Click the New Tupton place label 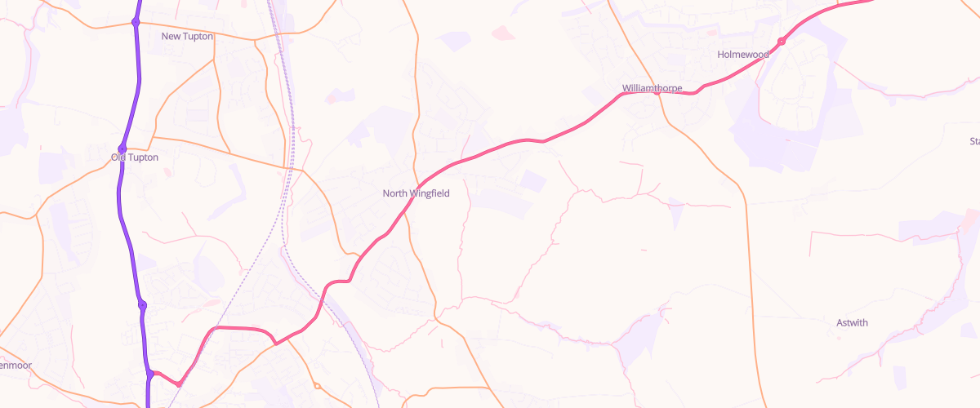coord(187,36)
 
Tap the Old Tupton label coord(135,157)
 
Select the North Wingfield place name coord(416,193)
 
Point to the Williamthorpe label coord(652,87)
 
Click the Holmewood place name coord(743,55)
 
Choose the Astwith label coord(852,323)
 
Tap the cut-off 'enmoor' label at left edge coord(16,365)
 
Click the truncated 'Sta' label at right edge coord(973,141)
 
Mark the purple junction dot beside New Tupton coord(136,22)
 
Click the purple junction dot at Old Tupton coord(122,149)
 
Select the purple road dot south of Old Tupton coord(142,305)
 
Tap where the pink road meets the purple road coord(151,375)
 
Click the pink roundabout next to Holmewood coord(782,42)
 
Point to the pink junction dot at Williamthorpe coord(657,93)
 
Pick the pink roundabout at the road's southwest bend coord(179,383)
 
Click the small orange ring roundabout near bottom coord(317,386)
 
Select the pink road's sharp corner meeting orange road coord(276,344)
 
